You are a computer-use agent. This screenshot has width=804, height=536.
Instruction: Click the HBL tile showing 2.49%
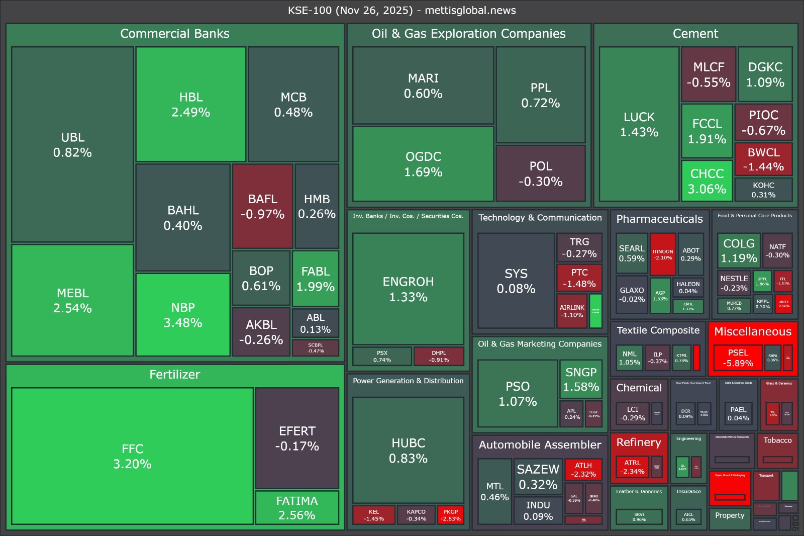(x=191, y=105)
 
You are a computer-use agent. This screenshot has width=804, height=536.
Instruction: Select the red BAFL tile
(x=262, y=206)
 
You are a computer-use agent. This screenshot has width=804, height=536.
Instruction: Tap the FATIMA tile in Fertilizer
(x=297, y=508)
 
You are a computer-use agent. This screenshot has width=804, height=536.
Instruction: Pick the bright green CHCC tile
(x=707, y=181)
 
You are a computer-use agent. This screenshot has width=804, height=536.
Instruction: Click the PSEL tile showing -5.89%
(x=738, y=358)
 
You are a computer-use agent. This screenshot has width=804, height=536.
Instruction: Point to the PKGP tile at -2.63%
(x=450, y=515)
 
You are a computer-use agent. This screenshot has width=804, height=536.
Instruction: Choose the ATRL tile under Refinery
(x=632, y=467)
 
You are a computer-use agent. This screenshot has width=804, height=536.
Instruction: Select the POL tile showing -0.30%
(x=541, y=173)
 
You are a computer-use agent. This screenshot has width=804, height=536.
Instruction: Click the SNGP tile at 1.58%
(x=581, y=379)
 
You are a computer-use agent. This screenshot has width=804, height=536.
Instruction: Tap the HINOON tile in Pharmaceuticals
(x=663, y=254)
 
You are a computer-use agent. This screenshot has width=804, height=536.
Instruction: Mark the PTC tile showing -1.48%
(x=579, y=278)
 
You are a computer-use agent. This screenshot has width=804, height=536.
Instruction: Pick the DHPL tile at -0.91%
(x=439, y=356)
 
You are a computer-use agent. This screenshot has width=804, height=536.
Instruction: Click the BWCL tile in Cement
(x=763, y=159)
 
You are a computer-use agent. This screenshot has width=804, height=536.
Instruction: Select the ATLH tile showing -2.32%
(x=583, y=470)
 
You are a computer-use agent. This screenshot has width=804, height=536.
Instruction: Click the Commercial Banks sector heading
(x=175, y=34)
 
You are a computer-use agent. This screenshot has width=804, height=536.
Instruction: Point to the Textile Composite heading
(x=658, y=330)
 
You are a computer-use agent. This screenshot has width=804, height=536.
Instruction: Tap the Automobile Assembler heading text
(x=540, y=444)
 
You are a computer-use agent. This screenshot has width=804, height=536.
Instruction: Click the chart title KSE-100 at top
(x=401, y=10)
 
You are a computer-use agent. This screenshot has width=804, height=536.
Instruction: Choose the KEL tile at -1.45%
(x=374, y=515)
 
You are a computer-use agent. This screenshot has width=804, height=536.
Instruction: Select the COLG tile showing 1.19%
(x=739, y=250)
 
